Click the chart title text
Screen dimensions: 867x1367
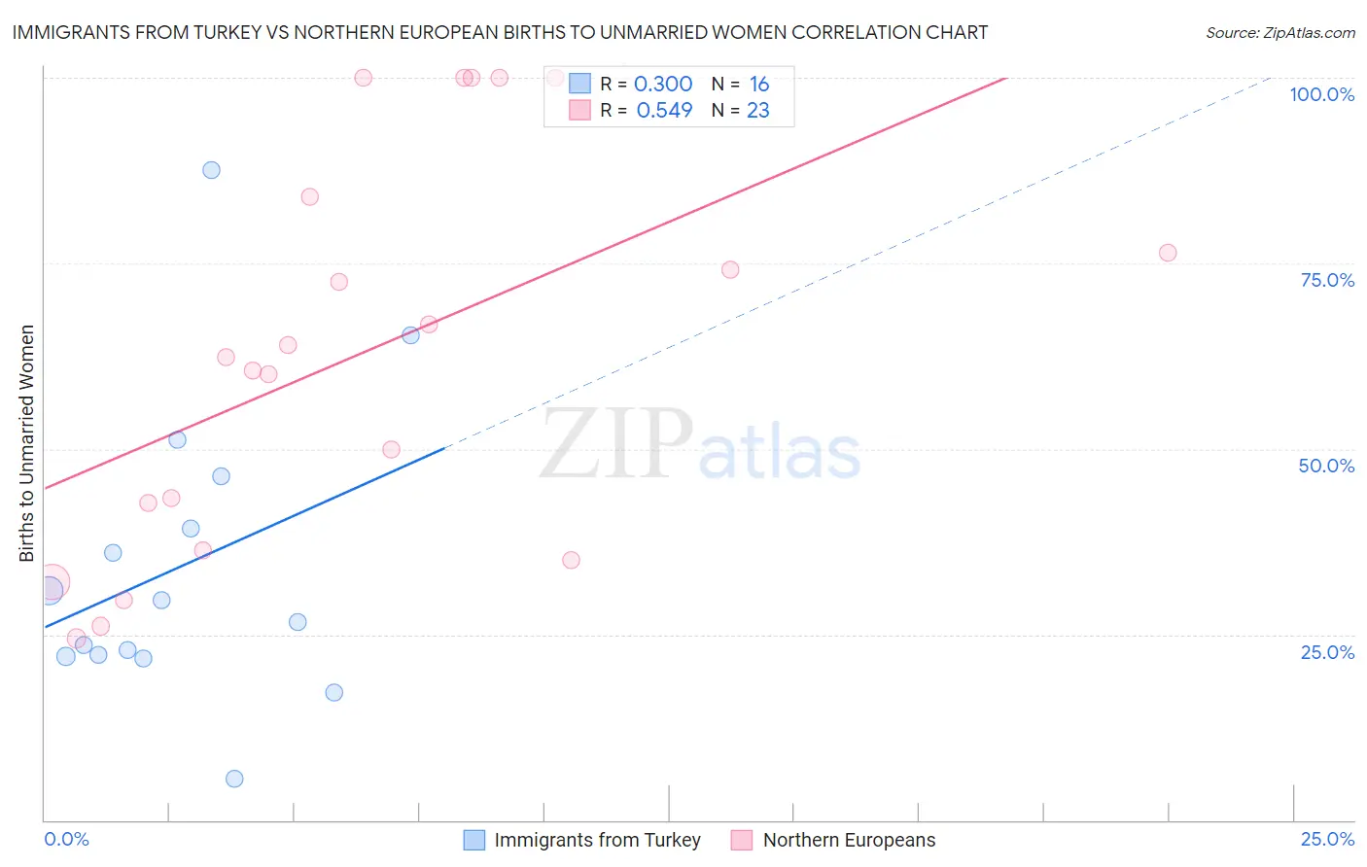500,32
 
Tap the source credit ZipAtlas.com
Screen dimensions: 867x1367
1279,32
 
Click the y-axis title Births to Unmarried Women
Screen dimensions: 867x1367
26,443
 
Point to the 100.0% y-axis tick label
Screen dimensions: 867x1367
1321,94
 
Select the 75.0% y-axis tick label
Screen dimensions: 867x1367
1327,280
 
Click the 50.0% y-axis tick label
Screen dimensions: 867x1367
1326,466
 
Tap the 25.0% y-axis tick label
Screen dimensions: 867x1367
1327,651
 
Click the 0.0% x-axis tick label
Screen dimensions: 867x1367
66,839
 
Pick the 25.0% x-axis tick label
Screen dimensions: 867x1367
1327,839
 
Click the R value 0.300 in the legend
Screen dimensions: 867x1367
663,85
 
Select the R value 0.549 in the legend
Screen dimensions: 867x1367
664,111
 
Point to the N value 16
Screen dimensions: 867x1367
759,85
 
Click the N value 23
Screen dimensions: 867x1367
758,111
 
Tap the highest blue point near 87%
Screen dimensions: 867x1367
211,170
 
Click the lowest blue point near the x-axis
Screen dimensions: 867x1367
234,779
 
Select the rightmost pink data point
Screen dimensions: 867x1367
1168,253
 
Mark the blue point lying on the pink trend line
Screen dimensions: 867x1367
410,335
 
